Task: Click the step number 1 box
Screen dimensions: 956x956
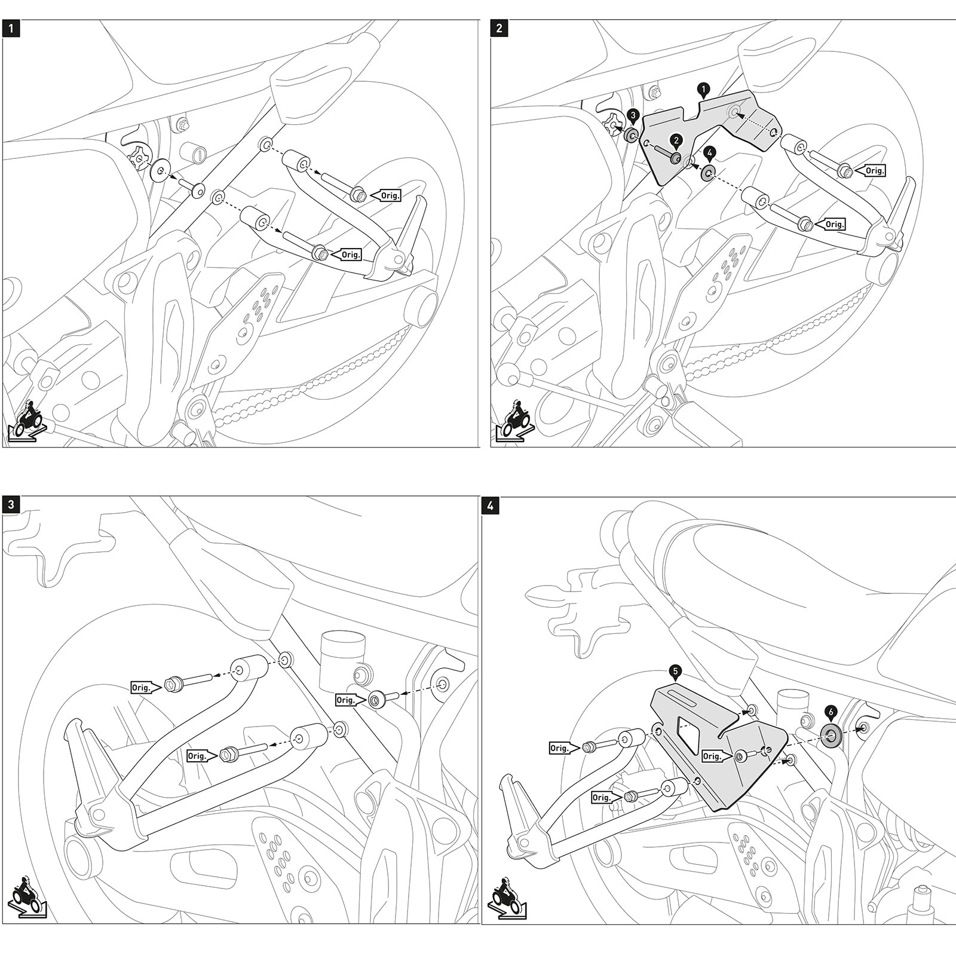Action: (x=11, y=29)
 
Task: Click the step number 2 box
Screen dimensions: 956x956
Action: (x=500, y=29)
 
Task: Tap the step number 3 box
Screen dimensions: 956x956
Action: (x=11, y=505)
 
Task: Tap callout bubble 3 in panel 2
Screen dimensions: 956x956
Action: (x=633, y=115)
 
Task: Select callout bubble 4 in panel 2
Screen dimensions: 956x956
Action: (x=709, y=152)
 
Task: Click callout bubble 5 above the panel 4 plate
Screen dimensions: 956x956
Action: (x=675, y=672)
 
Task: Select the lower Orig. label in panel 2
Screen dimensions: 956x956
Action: (x=834, y=225)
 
